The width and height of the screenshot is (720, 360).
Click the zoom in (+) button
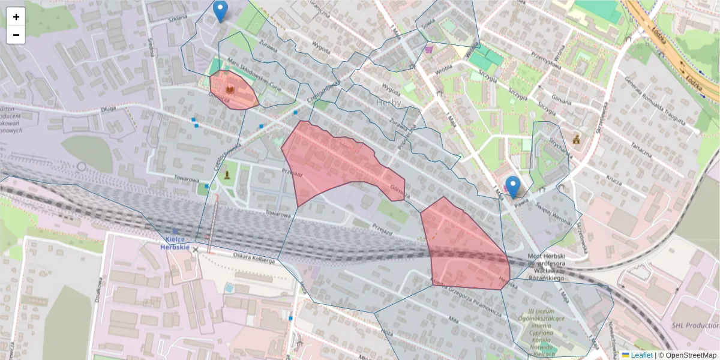click(16, 17)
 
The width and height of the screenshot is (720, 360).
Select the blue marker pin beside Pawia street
click(512, 187)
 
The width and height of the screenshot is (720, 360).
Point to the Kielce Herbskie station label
click(175, 242)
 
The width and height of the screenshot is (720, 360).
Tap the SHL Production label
click(695, 325)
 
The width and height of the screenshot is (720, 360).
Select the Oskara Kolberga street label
click(254, 257)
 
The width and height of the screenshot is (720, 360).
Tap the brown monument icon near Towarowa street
click(227, 175)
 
